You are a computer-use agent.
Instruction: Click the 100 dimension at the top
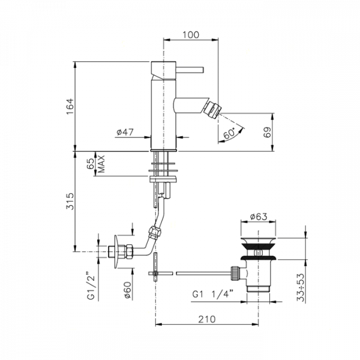(191, 35)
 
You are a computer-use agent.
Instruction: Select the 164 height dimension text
(70, 106)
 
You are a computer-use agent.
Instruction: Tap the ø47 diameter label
(125, 132)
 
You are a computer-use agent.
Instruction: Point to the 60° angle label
(229, 133)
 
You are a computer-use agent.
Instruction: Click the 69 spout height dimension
(267, 132)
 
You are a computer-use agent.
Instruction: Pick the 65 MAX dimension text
(96, 164)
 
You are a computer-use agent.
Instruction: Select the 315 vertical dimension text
(70, 201)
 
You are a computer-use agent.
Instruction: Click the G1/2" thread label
(91, 286)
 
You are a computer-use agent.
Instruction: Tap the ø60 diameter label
(127, 290)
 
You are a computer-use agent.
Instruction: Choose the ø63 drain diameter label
(259, 216)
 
